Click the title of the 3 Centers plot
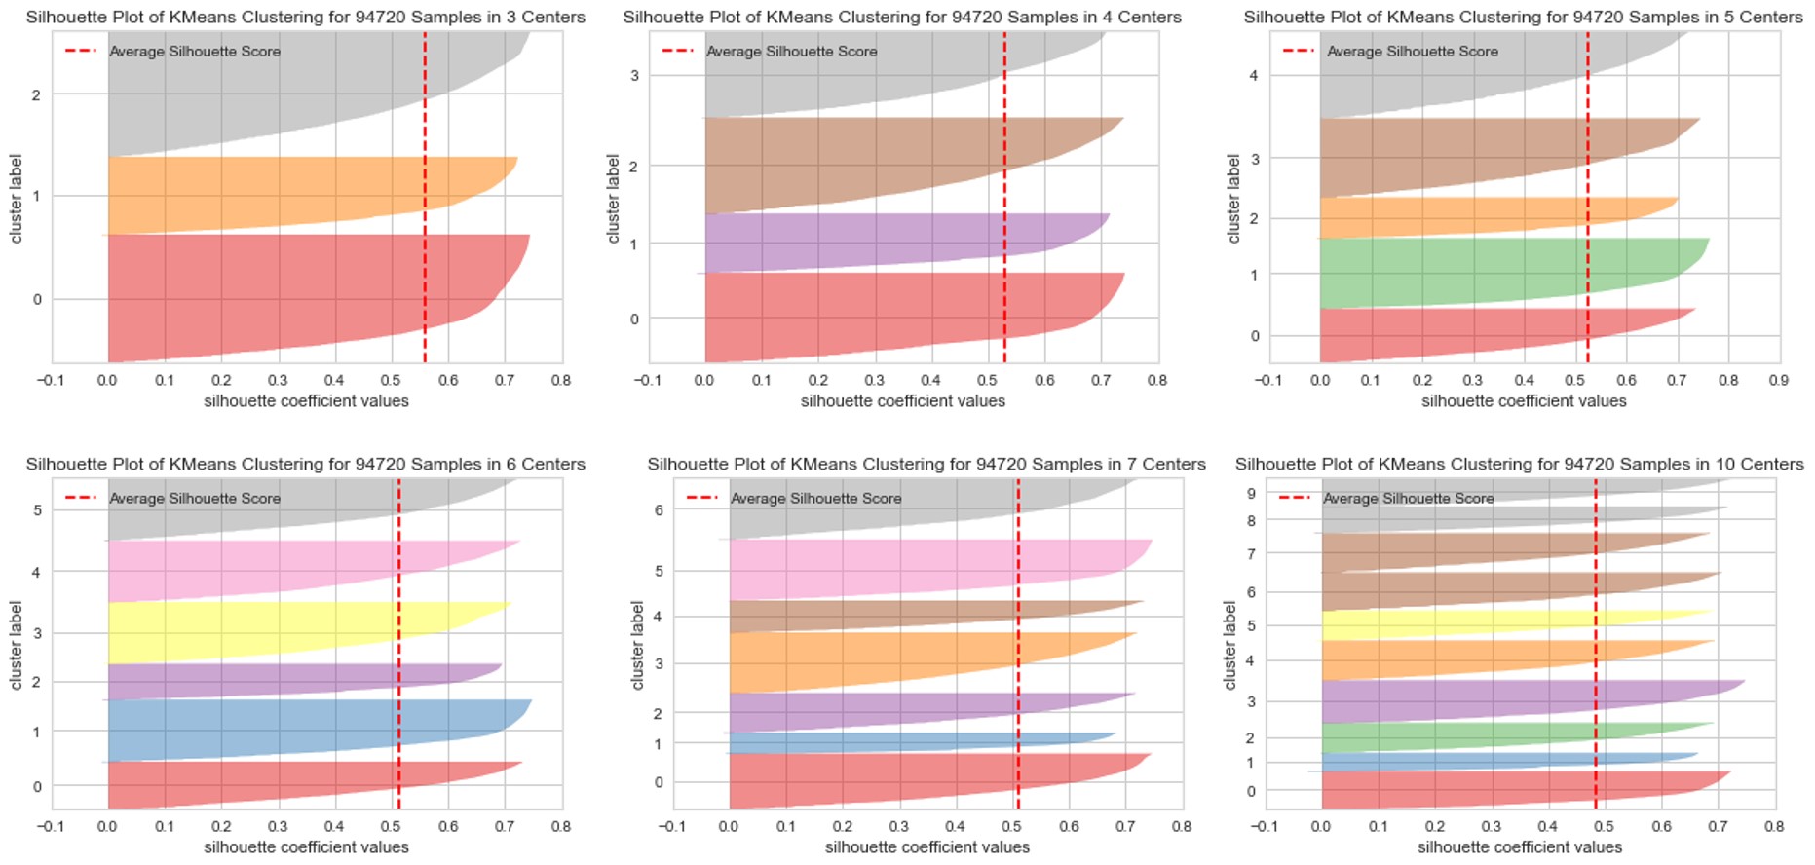pyautogui.click(x=305, y=17)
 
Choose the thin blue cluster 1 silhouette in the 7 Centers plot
pyautogui.click(x=877, y=742)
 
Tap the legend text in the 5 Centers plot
pyautogui.click(x=1412, y=51)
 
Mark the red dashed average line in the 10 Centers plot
pyautogui.click(x=1595, y=682)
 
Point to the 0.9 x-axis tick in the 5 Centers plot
pyautogui.click(x=1779, y=380)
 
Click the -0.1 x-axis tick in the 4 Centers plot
pyautogui.click(x=648, y=380)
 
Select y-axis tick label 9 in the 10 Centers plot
pyautogui.click(x=1251, y=494)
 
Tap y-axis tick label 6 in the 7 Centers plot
pyautogui.click(x=659, y=509)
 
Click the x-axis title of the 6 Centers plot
pyautogui.click(x=306, y=846)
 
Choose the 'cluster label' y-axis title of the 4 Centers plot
pyautogui.click(x=613, y=198)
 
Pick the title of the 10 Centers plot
pyautogui.click(x=1519, y=464)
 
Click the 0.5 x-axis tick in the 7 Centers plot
pyautogui.click(x=1012, y=826)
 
